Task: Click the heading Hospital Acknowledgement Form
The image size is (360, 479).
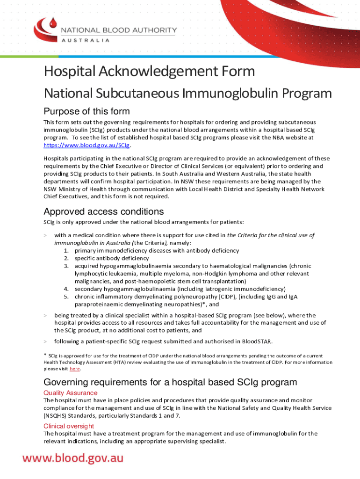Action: coord(149,72)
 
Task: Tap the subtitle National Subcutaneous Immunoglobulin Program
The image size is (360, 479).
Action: coord(187,94)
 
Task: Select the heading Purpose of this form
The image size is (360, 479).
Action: coord(86,111)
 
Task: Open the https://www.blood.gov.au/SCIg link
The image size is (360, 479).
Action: coord(80,145)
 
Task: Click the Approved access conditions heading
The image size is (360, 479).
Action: coord(103,211)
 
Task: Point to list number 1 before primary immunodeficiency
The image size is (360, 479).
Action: coord(66,250)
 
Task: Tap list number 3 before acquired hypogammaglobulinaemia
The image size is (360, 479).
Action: coord(66,266)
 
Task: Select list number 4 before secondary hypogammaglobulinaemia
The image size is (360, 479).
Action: coord(66,289)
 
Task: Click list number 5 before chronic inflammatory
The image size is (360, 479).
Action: coord(66,297)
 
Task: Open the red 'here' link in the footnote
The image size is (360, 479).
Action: coord(75,369)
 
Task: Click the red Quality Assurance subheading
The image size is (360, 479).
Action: coord(71,393)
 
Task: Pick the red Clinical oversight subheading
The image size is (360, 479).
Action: coord(69,426)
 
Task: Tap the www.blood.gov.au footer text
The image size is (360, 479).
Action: coord(73,457)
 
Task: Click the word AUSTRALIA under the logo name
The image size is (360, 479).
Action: coord(86,40)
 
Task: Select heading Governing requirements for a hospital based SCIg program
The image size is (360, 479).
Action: coord(170,382)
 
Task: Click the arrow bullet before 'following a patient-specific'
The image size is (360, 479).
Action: coord(45,341)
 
